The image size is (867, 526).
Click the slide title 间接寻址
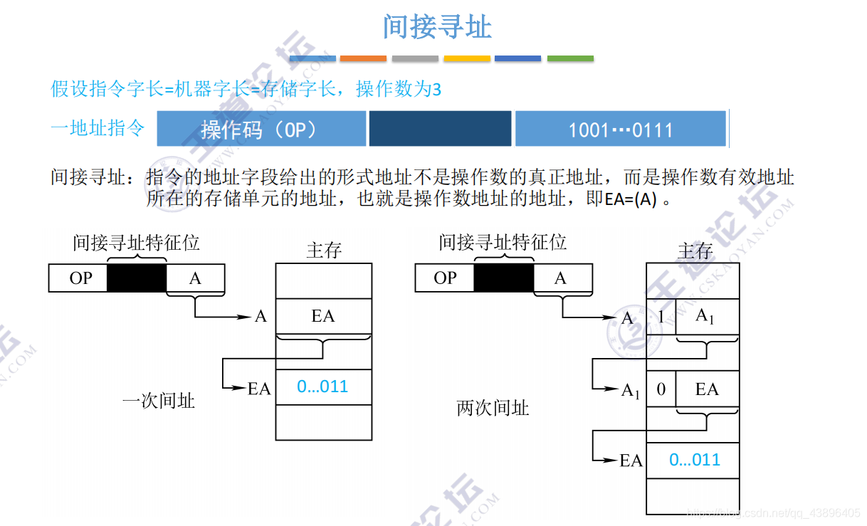click(x=437, y=27)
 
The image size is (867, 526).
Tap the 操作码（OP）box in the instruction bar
click(x=261, y=129)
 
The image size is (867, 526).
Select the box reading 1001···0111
click(x=620, y=129)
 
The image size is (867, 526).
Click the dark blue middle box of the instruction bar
click(x=440, y=129)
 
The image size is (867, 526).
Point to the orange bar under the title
click(x=363, y=58)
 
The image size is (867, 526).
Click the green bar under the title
click(x=570, y=58)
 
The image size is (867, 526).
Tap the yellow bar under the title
click(x=467, y=58)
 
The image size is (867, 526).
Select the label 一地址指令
click(x=98, y=128)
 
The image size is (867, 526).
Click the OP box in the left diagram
click(x=78, y=278)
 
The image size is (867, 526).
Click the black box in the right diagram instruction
click(x=503, y=278)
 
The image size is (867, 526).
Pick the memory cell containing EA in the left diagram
click(x=323, y=316)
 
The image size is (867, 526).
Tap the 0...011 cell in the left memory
click(x=323, y=387)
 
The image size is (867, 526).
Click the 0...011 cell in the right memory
click(x=693, y=461)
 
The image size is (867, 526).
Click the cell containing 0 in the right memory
click(x=661, y=389)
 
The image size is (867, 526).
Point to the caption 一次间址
click(x=159, y=401)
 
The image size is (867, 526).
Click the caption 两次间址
click(x=493, y=409)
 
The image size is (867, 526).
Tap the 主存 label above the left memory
click(x=324, y=251)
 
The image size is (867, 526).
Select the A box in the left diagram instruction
click(x=195, y=278)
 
